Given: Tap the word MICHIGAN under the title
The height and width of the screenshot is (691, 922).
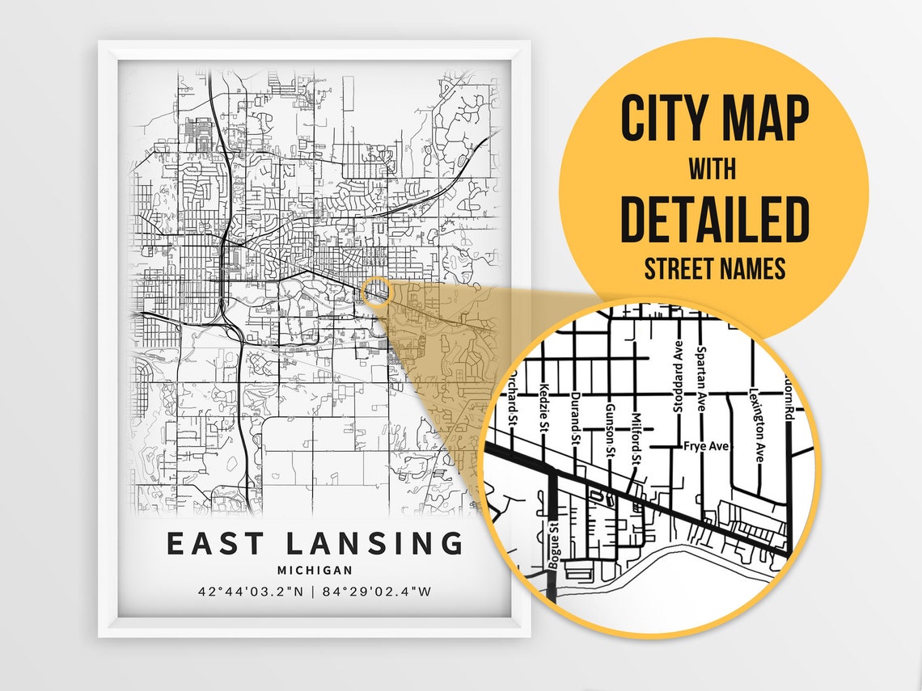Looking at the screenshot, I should click(315, 571).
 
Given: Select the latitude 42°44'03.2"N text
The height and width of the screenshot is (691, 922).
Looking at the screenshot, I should click(251, 591).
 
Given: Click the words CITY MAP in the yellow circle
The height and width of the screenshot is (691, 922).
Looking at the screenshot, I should click(714, 120).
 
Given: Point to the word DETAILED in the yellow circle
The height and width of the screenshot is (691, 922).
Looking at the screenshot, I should click(714, 218).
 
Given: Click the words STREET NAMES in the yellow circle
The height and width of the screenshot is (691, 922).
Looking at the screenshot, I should click(714, 268).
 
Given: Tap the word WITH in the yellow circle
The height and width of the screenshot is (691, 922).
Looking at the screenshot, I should click(713, 170).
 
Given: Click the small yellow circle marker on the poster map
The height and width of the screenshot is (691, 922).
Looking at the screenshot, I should click(375, 292).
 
